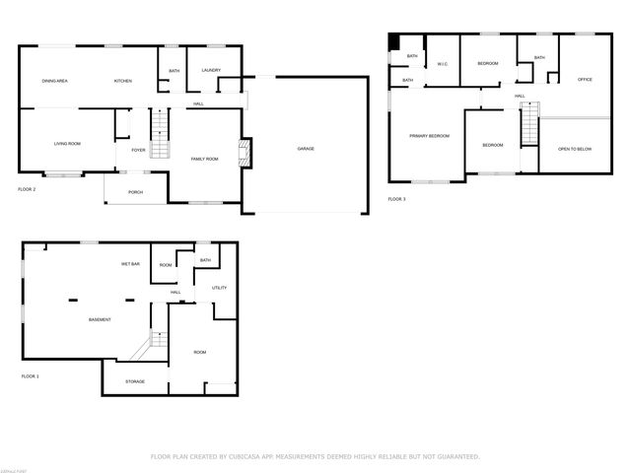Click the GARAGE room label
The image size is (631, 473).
click(x=306, y=149)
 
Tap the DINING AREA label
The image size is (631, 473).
click(x=54, y=81)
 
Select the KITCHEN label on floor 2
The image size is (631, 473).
click(x=123, y=81)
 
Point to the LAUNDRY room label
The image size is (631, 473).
click(x=210, y=71)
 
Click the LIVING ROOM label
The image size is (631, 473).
click(x=67, y=144)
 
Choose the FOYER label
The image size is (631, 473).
click(x=138, y=151)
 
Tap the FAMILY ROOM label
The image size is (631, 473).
click(x=204, y=159)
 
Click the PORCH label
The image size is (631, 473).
click(x=135, y=192)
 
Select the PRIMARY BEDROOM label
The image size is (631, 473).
click(x=430, y=136)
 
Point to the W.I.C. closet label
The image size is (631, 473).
click(x=443, y=65)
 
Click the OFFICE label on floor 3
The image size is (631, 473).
click(x=584, y=79)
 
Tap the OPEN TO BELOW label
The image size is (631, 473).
click(x=574, y=149)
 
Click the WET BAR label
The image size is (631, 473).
click(x=130, y=264)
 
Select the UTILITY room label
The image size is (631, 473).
click(x=219, y=288)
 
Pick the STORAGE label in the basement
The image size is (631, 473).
click(x=135, y=381)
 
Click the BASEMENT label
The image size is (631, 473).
click(x=100, y=320)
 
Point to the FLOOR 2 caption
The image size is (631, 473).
click(x=27, y=188)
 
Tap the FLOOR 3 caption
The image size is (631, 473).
click(x=396, y=199)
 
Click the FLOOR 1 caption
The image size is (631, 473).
click(x=31, y=376)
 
